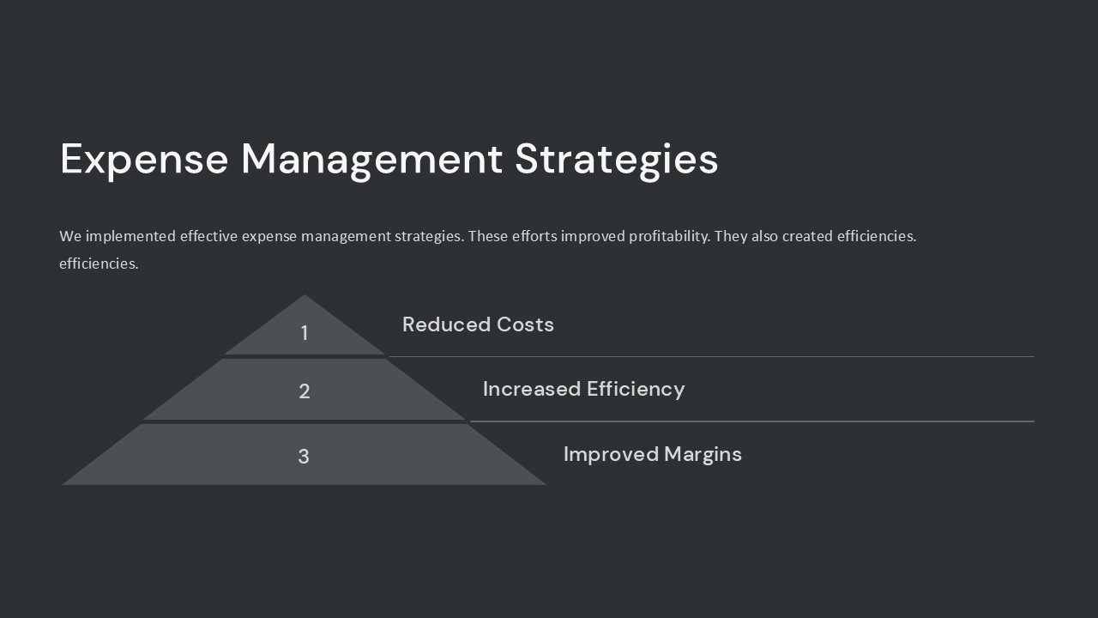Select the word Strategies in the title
[616, 160]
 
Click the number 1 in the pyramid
[304, 333]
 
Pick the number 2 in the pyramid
[304, 391]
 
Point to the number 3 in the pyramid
[304, 457]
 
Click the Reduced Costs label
[478, 324]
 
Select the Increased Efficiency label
[583, 389]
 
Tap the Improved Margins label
[652, 454]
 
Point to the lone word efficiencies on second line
[99, 264]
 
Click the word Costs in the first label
[525, 324]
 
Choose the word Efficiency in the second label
[636, 389]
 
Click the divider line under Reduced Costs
[712, 356]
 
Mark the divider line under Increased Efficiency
[751, 421]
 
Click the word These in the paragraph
[489, 236]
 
